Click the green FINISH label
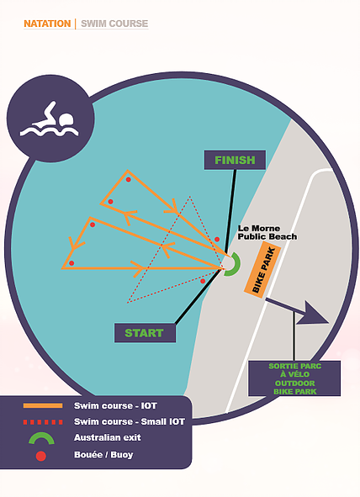[x=235, y=160]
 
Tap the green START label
[x=145, y=333]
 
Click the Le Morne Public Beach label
[x=267, y=232]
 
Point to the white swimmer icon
[x=50, y=120]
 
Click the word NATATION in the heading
[x=47, y=24]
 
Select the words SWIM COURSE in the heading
[x=114, y=24]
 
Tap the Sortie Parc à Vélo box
[x=294, y=378]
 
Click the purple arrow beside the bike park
[x=297, y=311]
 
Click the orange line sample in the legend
[x=43, y=405]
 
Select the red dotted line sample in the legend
[x=43, y=422]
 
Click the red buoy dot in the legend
[x=41, y=456]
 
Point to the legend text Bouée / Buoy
[x=103, y=455]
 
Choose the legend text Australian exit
[x=108, y=438]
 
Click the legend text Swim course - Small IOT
[x=130, y=421]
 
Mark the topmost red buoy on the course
[x=129, y=179]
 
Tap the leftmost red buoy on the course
[x=71, y=263]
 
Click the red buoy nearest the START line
[x=203, y=281]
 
